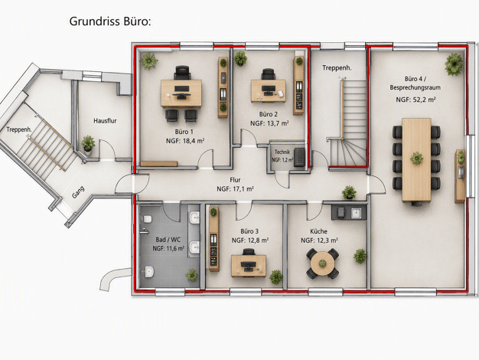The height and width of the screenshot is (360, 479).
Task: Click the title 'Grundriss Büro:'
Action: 110,21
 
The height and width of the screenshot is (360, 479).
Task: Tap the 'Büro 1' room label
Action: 184,132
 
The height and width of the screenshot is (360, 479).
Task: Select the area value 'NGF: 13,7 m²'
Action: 269,123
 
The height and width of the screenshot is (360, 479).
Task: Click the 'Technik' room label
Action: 282,152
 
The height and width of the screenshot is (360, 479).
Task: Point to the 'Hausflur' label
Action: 105,120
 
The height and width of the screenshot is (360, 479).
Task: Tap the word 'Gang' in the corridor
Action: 78,192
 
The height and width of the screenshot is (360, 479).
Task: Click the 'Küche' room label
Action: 318,231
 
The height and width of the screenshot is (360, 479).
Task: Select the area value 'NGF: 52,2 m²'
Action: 415,100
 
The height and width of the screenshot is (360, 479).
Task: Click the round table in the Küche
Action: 323,263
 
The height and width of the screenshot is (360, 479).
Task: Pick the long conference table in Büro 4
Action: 416,159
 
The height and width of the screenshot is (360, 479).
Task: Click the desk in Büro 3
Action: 249,266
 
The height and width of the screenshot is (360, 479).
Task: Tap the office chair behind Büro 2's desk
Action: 269,74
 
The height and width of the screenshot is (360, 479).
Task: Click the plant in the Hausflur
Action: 88,143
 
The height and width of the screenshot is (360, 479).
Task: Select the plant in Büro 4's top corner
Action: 454,64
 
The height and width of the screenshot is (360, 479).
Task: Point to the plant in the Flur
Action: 349,192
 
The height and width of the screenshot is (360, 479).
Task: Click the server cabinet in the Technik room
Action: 299,157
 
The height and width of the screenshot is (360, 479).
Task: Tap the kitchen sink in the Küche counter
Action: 357,213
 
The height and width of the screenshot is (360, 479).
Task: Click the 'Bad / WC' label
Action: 168,240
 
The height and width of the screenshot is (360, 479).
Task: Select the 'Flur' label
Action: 235,180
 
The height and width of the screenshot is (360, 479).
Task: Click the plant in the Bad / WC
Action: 192,275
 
